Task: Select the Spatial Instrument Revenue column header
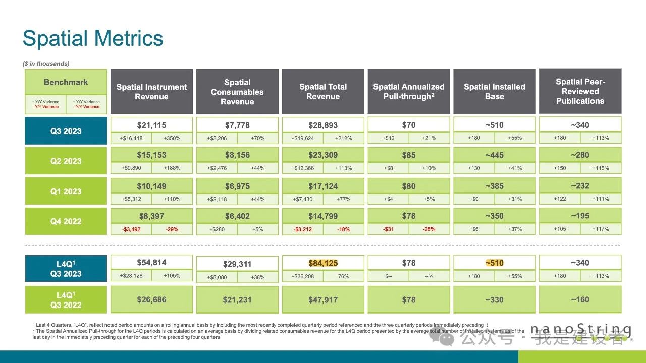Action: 151,91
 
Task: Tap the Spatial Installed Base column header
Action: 495,91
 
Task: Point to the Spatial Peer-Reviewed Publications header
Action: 580,91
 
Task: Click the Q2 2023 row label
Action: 66,161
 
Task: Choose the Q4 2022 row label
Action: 66,221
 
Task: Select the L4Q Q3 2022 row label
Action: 66,300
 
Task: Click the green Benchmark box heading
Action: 66,82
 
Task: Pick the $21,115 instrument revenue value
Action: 151,125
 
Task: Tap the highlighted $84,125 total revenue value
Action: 323,263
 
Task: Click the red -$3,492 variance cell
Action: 131,229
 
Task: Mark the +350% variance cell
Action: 172,138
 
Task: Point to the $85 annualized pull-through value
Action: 409,155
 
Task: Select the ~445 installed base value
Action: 494,155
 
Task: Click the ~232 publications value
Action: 580,186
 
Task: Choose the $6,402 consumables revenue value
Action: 237,216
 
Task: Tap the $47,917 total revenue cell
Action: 323,300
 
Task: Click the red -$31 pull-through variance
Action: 388,229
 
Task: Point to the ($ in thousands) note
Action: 46,64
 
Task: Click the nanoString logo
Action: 580,330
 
